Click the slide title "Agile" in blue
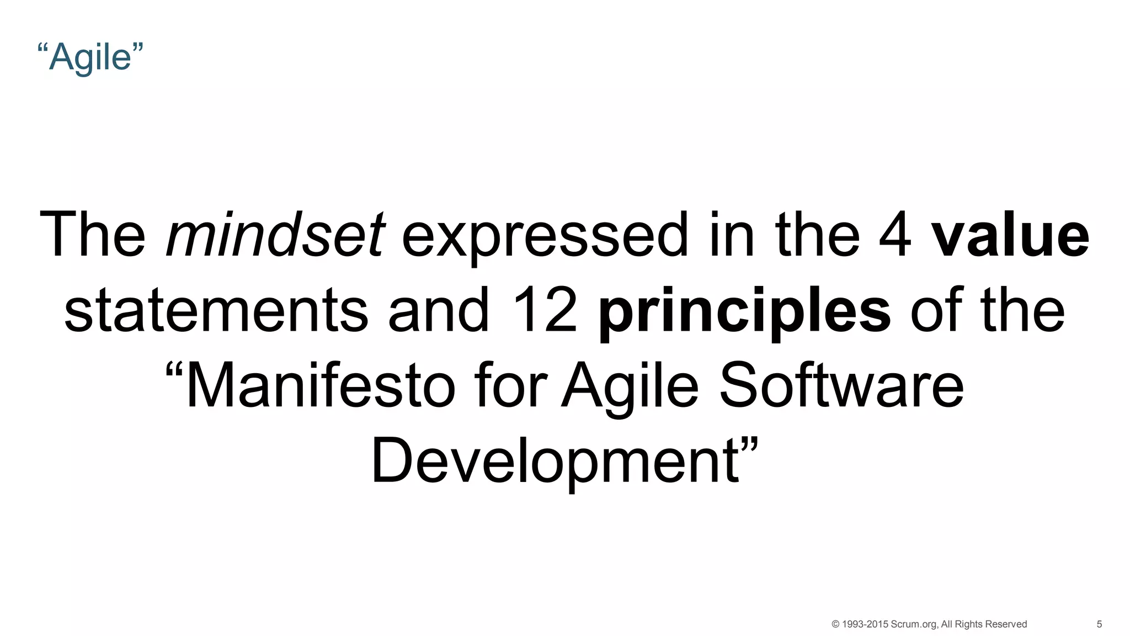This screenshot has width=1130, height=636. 90,56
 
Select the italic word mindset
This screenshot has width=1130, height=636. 275,235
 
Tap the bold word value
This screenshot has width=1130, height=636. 1010,235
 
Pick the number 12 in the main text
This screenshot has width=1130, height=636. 544,310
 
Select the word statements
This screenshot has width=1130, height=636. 216,310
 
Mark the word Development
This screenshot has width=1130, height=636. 555,462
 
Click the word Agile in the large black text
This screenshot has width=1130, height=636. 630,386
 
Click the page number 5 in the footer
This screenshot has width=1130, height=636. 1099,624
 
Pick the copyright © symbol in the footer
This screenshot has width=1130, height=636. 835,624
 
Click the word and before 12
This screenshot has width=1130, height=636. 439,310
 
